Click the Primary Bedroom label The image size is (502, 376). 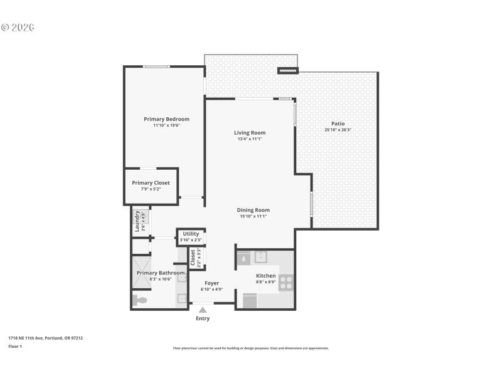click(x=166, y=119)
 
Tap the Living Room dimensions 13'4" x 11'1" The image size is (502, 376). click(x=250, y=139)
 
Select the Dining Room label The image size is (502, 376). click(x=253, y=210)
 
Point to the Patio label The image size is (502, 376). click(x=338, y=123)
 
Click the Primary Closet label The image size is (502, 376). click(x=151, y=183)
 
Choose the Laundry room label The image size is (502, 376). click(x=137, y=221)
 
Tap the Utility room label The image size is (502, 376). click(x=191, y=234)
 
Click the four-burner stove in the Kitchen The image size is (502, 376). click(x=286, y=283)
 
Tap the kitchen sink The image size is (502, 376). click(x=260, y=257)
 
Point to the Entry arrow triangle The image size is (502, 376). click(x=202, y=309)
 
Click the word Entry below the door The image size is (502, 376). click(x=202, y=318)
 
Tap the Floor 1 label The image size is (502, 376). click(x=14, y=346)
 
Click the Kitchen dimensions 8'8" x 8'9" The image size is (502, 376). click(x=265, y=282)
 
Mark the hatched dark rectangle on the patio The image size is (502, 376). click(x=288, y=71)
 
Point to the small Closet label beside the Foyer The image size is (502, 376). click(x=193, y=258)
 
